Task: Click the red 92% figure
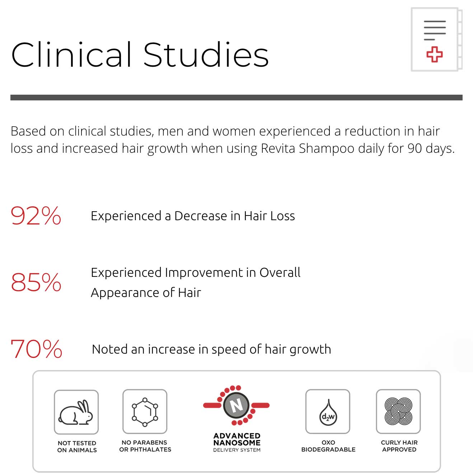point(36,216)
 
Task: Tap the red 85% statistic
point(36,282)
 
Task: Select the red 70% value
point(36,349)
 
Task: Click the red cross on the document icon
point(434,55)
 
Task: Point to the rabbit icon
point(76,412)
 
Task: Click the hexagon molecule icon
point(145,412)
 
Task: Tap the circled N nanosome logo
point(236,406)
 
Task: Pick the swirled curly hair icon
point(398,411)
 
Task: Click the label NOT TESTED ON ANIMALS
point(77,446)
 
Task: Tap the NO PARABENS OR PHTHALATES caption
point(145,446)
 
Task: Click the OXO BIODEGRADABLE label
point(328,446)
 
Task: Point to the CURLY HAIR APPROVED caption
point(399,446)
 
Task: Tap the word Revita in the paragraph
point(278,148)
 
